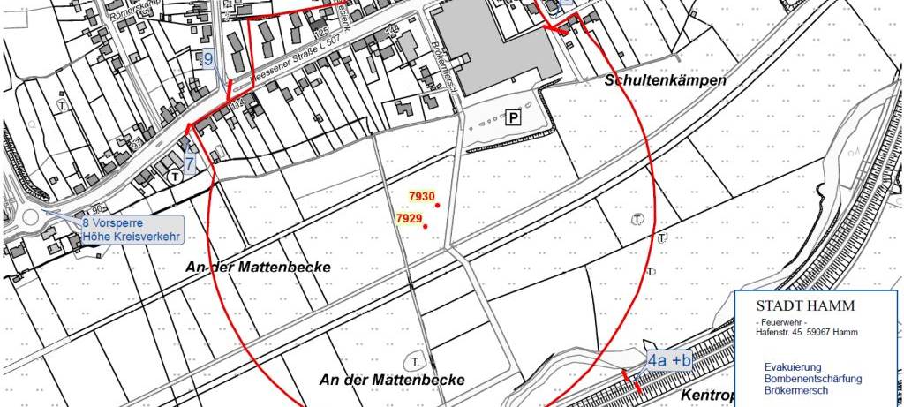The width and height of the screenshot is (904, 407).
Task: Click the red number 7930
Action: click(x=422, y=196)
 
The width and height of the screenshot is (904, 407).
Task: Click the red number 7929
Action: click(x=409, y=218)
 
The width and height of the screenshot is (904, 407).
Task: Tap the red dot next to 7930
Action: click(x=438, y=206)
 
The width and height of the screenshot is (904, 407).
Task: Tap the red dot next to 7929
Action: click(x=426, y=227)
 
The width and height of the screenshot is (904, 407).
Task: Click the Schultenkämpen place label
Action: click(x=666, y=80)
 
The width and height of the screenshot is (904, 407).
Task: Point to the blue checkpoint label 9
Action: click(x=208, y=60)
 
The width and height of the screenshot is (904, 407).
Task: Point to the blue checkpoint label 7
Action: click(x=190, y=164)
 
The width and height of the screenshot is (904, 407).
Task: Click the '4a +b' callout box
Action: click(x=669, y=360)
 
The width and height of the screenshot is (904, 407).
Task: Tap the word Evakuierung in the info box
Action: click(x=793, y=366)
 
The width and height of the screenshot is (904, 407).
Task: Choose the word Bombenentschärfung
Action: click(x=813, y=379)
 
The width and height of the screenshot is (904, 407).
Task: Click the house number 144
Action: click(x=393, y=29)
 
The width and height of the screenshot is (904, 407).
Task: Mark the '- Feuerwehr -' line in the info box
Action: click(x=782, y=322)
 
